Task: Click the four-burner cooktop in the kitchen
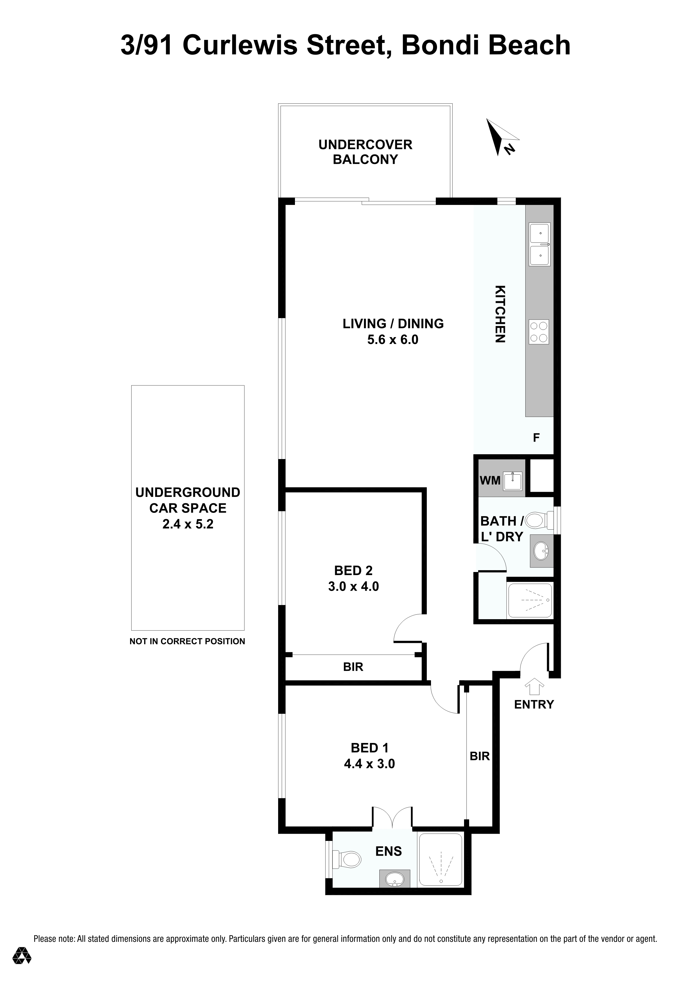click(x=539, y=332)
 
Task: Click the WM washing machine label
click(x=490, y=480)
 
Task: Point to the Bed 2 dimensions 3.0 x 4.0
click(x=354, y=586)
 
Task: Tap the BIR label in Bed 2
click(x=353, y=667)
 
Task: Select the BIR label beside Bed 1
click(x=479, y=756)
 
